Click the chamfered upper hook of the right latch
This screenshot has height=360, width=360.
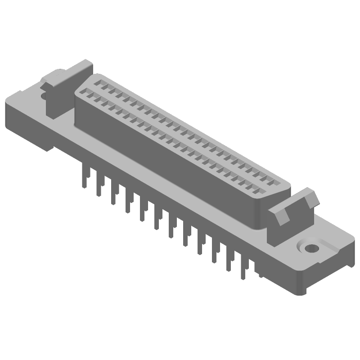[310, 198]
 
